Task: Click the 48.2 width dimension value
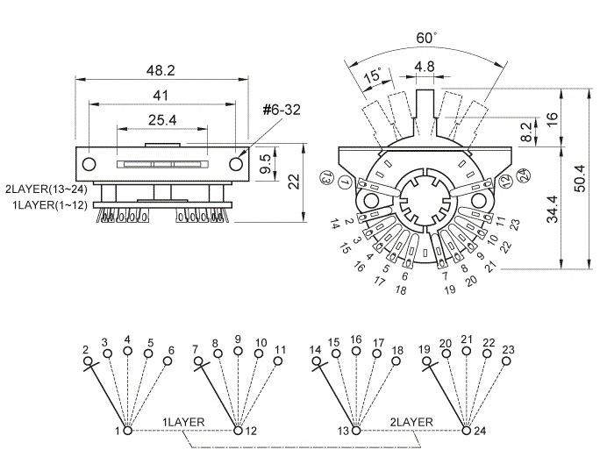[x=161, y=70]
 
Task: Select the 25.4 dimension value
[x=162, y=120]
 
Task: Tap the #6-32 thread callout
[x=282, y=110]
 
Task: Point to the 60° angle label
[x=426, y=38]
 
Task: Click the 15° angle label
[x=373, y=75]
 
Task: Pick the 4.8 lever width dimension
[x=425, y=67]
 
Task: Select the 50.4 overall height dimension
[x=580, y=178]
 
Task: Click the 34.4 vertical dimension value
[x=553, y=209]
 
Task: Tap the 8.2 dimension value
[x=527, y=132]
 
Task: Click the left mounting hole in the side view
[x=89, y=164]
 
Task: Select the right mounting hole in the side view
[x=236, y=164]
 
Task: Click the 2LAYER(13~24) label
[x=46, y=189]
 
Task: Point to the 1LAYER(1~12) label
[x=50, y=205]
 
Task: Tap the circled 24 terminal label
[x=523, y=175]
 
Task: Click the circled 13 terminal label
[x=327, y=177]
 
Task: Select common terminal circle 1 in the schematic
[x=128, y=431]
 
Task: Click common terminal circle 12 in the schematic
[x=238, y=431]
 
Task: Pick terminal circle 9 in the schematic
[x=238, y=351]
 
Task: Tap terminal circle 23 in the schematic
[x=506, y=360]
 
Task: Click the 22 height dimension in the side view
[x=294, y=182]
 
